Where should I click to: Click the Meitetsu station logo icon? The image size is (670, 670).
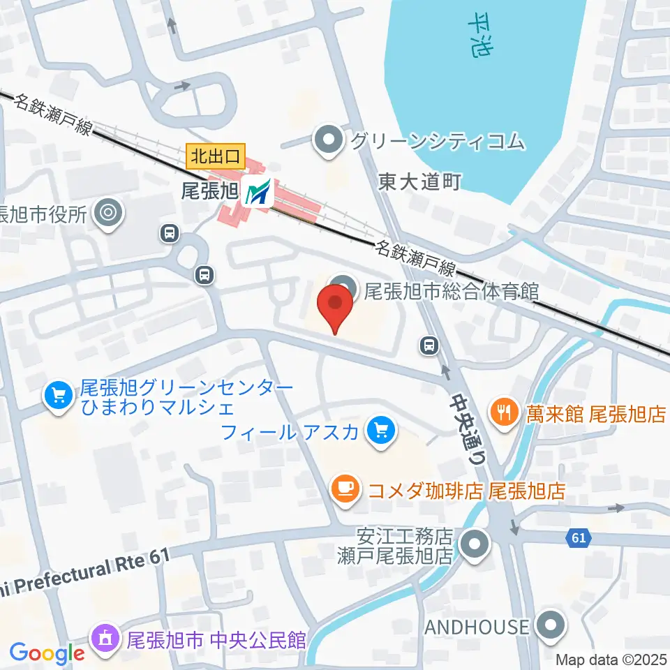(x=258, y=193)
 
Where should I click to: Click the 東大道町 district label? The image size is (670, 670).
(x=420, y=183)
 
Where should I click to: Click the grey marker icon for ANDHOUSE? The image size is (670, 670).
(x=551, y=625)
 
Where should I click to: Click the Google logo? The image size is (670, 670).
(x=47, y=653)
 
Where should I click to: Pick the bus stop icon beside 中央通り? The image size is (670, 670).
(x=429, y=343)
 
